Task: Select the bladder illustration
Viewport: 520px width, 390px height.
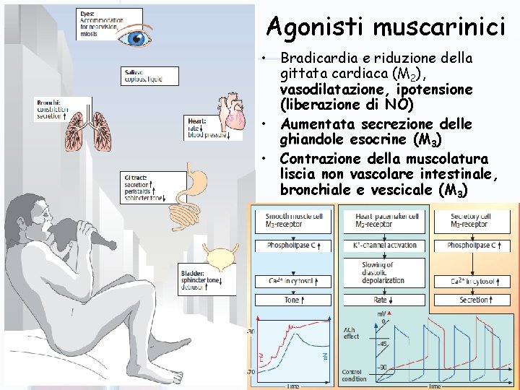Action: coord(220,259)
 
